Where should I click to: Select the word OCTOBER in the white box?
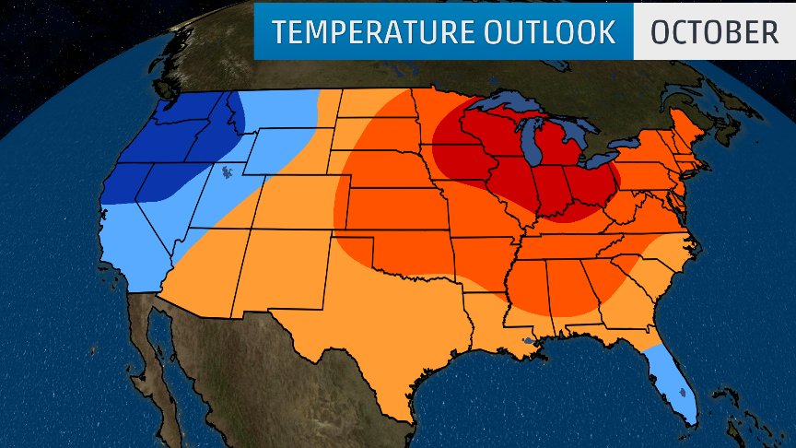(714, 32)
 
